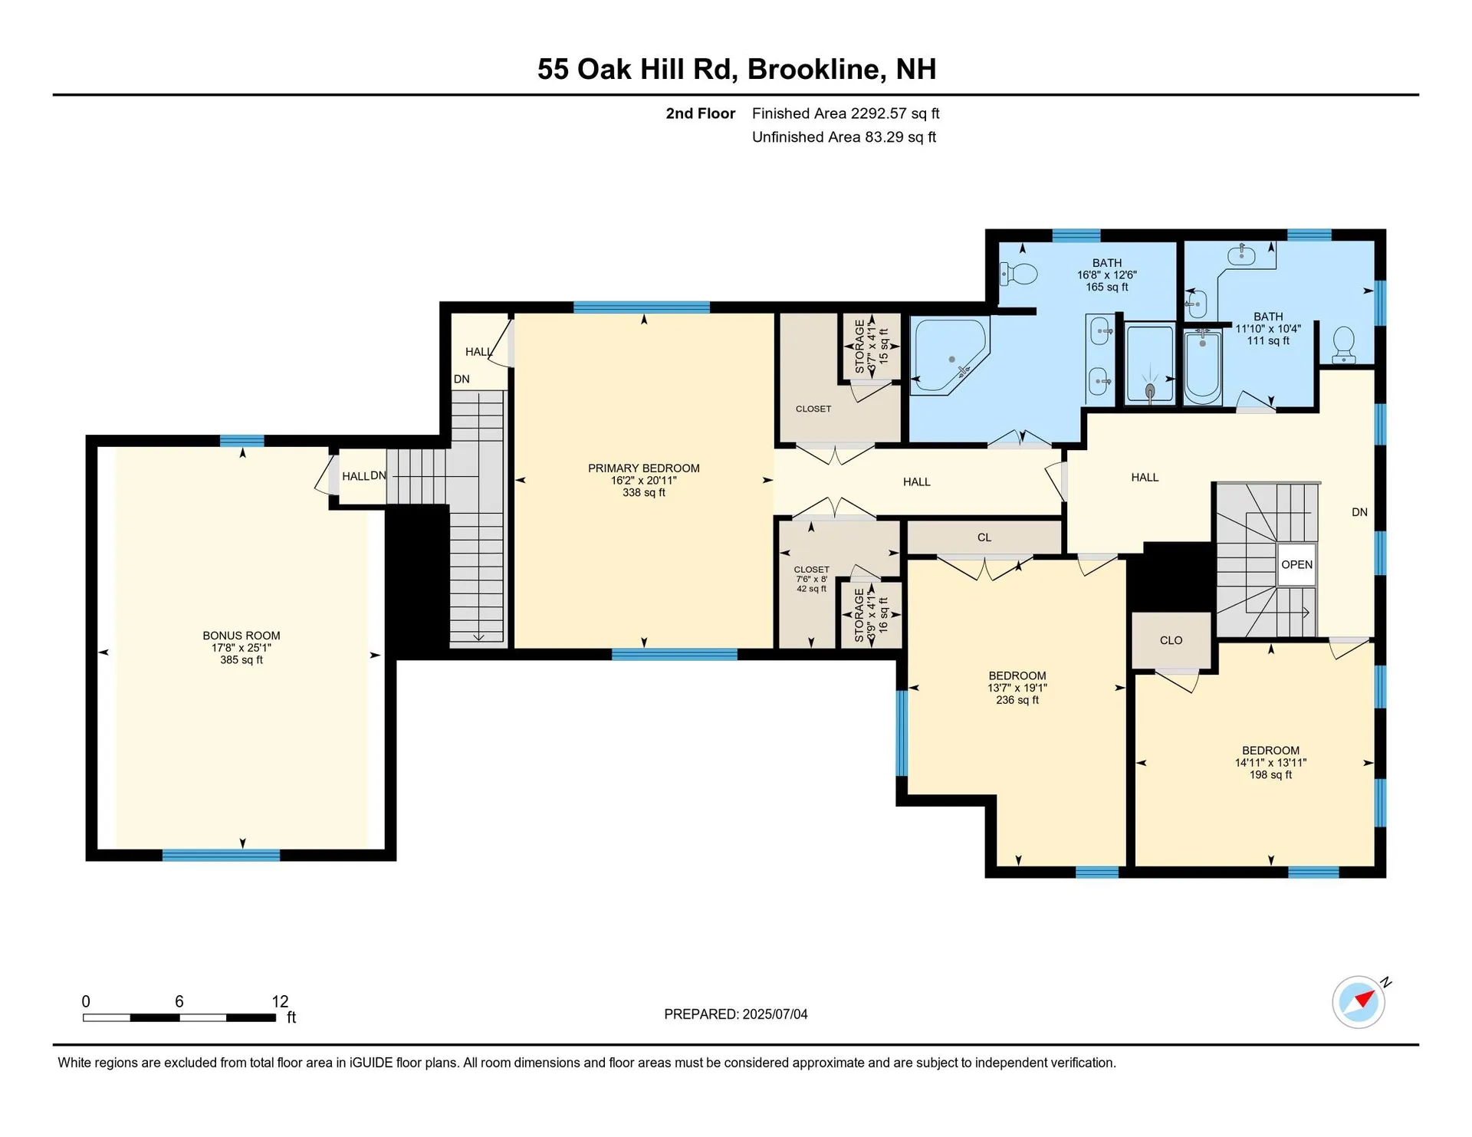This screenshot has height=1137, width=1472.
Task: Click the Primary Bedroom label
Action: click(x=643, y=468)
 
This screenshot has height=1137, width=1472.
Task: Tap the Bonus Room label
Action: click(x=241, y=636)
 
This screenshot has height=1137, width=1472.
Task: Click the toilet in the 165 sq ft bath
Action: click(x=1019, y=274)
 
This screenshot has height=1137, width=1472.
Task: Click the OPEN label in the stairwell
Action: click(x=1296, y=564)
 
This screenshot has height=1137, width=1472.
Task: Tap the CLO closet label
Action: click(x=1171, y=640)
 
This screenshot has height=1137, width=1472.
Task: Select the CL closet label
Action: click(x=984, y=537)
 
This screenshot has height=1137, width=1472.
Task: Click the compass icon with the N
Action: click(x=1359, y=1002)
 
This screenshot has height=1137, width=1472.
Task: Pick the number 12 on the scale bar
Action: click(x=280, y=1001)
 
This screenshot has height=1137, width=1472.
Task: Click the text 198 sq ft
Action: click(x=1270, y=775)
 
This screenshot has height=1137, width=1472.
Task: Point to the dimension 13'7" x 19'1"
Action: click(x=1017, y=688)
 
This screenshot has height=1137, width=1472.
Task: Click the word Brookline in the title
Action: click(x=814, y=69)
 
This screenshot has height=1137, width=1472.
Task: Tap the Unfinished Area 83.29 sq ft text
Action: click(x=843, y=137)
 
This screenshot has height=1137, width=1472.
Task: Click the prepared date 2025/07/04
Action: click(x=774, y=1014)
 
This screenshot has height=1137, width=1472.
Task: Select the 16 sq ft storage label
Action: click(x=883, y=615)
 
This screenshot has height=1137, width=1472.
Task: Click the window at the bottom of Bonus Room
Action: click(x=221, y=855)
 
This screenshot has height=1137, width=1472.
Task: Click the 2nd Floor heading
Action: click(x=700, y=113)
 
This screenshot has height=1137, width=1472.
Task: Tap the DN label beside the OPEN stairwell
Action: click(x=1359, y=512)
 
